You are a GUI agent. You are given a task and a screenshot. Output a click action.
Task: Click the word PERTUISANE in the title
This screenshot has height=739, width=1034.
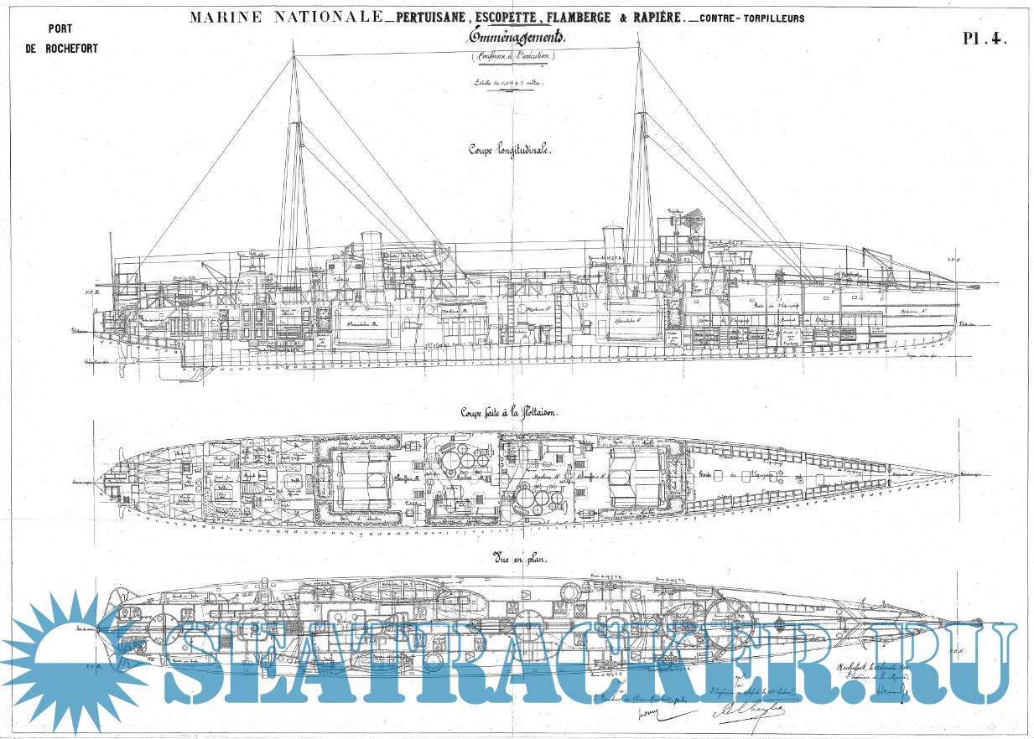tap(425, 17)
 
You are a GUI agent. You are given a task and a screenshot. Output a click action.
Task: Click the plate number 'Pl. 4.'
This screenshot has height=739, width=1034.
tap(984, 38)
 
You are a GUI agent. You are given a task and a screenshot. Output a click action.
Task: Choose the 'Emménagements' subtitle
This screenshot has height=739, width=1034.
tap(513, 39)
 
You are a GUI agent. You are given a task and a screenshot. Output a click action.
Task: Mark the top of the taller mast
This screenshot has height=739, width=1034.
tap(641, 47)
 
